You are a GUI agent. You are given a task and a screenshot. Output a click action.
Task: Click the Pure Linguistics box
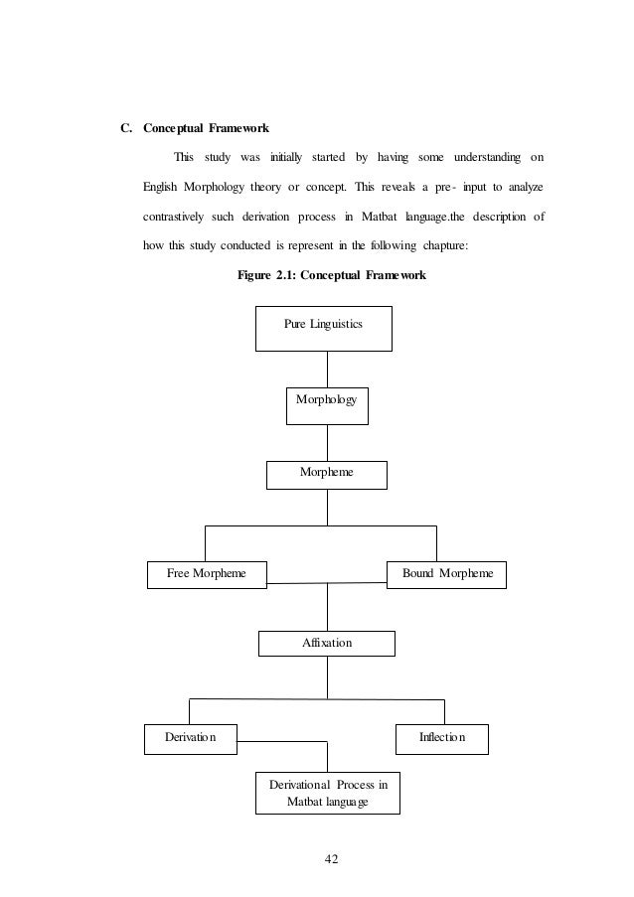[323, 328]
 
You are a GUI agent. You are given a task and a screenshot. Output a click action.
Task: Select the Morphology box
[327, 405]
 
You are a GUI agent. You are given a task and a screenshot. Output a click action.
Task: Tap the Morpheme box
[326, 475]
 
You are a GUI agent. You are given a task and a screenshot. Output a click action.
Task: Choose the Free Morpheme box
[207, 574]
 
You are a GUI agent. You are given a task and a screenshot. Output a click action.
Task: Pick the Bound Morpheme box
[445, 574]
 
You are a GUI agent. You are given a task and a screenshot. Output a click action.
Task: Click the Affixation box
[326, 644]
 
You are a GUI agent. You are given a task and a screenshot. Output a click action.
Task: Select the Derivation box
[189, 738]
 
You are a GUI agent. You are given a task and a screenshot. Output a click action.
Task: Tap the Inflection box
[442, 738]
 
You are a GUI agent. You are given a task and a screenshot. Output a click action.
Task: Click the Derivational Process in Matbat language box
[328, 793]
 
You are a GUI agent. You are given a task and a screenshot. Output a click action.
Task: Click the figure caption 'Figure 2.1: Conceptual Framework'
[332, 275]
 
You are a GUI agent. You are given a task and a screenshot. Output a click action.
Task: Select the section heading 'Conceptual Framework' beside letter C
[206, 128]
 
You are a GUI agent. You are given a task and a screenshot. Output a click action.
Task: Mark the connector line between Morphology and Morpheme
[326, 443]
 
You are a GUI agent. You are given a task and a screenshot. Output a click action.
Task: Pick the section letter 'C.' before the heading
[126, 128]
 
